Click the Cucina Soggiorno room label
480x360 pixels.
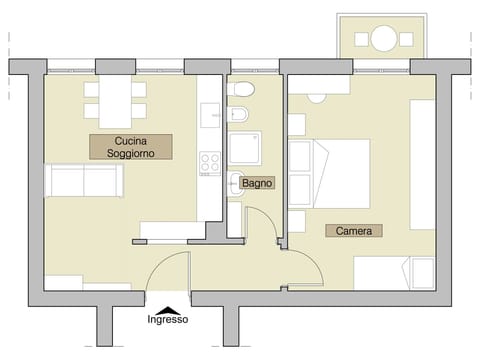point(130,147)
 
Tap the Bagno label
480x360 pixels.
point(258,185)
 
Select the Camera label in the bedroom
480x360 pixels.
point(354,231)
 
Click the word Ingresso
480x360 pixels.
point(168,320)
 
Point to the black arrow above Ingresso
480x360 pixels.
point(168,309)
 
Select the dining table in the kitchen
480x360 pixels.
point(115,100)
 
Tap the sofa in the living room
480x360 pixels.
point(84,182)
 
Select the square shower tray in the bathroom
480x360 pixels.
point(246,149)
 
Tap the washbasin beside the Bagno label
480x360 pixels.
point(234,183)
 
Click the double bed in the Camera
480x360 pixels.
point(329,171)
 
